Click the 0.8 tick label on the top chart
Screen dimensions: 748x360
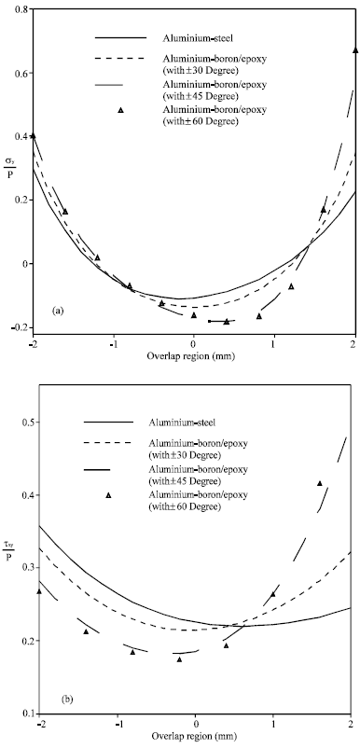pyautogui.click(x=20, y=8)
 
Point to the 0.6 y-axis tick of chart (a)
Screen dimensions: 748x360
pyautogui.click(x=20, y=74)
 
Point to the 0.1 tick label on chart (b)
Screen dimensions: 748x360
pyautogui.click(x=21, y=713)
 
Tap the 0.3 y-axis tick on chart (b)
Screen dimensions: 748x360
pyautogui.click(x=21, y=568)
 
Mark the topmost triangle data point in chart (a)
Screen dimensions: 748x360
pyautogui.click(x=355, y=49)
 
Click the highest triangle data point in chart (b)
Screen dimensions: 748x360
pyautogui.click(x=320, y=483)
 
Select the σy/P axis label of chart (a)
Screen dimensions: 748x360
pyautogui.click(x=19, y=174)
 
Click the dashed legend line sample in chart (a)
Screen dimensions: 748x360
pyautogui.click(x=121, y=60)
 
